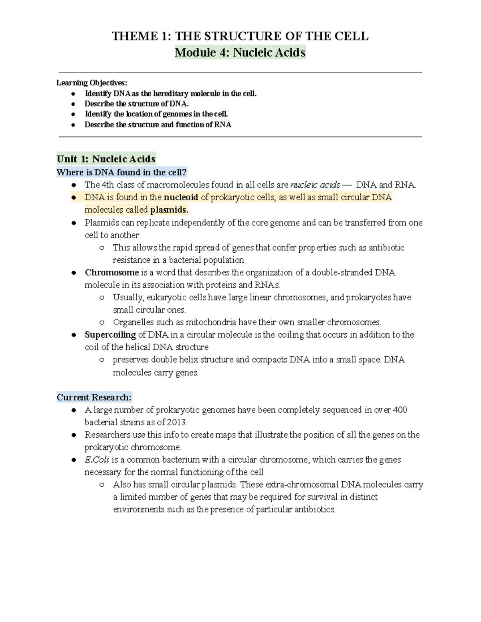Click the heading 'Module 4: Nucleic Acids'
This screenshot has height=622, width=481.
[240, 52]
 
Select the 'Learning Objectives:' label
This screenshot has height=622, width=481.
[91, 83]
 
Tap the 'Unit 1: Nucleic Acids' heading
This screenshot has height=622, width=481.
[106, 159]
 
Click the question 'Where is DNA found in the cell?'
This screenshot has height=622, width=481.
[121, 173]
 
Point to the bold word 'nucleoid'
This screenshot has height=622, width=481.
[181, 197]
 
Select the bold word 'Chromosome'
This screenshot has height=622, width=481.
[112, 273]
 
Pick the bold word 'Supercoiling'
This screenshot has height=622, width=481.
[110, 335]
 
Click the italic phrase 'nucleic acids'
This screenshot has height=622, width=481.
[315, 185]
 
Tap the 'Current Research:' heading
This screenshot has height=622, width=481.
[94, 398]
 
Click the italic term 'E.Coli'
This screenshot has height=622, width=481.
[97, 460]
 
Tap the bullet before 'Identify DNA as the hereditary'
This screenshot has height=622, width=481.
[73, 94]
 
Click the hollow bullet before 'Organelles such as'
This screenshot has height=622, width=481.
[102, 322]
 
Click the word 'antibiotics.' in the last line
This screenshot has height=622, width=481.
[315, 510]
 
